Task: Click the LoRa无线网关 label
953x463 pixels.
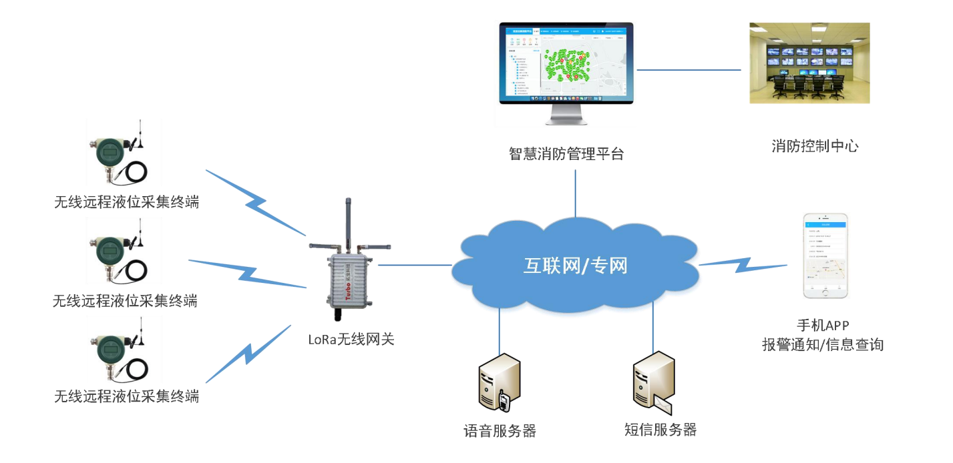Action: pos(351,339)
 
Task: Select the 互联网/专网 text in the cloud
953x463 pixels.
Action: pos(575,266)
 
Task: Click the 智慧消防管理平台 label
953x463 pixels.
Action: pos(566,154)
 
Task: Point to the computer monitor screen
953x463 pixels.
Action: pos(566,64)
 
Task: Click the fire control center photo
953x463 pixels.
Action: pos(809,63)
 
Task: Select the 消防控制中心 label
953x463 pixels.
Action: pos(815,146)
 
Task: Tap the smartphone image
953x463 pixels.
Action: pos(825,256)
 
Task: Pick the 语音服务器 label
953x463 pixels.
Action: pos(500,430)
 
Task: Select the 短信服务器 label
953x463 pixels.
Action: pos(660,430)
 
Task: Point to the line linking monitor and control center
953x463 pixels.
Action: pos(689,69)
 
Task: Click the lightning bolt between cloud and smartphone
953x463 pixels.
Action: pos(742,264)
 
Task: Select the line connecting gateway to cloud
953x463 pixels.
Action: pos(415,265)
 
